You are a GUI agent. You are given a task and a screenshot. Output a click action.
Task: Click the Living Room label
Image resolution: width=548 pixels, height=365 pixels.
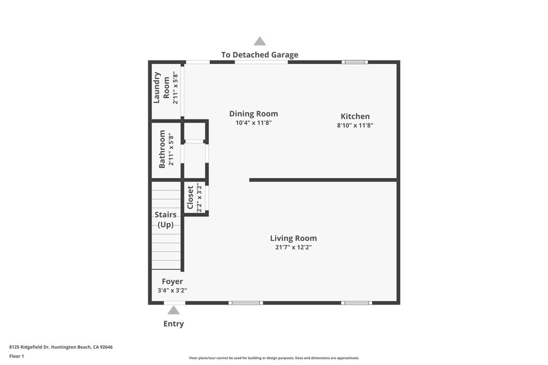coord(293,238)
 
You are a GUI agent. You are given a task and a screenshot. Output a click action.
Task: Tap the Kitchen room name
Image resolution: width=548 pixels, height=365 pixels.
coord(355,117)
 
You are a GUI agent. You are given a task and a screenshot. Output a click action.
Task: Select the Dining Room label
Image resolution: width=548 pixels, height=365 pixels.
coord(253,114)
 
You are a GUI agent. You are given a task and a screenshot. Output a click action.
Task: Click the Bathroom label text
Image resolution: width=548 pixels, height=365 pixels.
coord(162,149)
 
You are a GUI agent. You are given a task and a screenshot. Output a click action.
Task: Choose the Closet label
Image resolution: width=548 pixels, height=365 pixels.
coord(190,197)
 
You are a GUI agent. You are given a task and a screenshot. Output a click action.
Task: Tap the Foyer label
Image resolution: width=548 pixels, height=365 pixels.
coord(172,282)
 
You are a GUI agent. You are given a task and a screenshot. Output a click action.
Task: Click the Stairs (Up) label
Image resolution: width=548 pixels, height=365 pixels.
coord(165,220)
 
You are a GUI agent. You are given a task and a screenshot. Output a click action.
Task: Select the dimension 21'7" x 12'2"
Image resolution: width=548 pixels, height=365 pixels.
coord(293,247)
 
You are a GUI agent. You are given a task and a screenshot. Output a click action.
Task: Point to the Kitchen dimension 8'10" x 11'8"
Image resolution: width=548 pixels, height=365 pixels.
coord(355,126)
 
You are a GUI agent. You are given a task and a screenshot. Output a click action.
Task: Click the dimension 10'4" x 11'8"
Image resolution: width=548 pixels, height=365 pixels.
coord(253,123)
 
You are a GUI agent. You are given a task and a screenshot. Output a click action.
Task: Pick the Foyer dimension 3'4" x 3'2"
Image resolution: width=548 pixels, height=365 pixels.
coord(172,291)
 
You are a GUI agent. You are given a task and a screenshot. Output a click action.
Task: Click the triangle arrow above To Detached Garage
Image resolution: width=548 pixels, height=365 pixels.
coord(260,42)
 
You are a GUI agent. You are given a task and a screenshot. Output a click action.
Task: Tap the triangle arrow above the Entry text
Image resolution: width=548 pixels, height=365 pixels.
coord(172,310)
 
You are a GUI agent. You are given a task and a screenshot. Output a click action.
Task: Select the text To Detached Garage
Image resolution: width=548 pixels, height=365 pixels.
coord(260,55)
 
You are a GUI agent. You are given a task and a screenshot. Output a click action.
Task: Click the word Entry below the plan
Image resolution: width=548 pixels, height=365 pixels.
coord(173,324)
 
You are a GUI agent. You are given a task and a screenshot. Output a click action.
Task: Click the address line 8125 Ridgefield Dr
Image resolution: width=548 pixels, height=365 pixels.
coord(61,347)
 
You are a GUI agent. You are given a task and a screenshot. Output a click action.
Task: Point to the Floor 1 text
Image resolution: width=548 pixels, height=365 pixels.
coord(17,356)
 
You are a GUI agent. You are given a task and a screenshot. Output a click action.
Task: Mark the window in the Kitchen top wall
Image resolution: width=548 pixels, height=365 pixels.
coord(355,62)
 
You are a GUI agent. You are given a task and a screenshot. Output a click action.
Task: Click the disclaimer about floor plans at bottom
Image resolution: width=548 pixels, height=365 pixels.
coord(273,358)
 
